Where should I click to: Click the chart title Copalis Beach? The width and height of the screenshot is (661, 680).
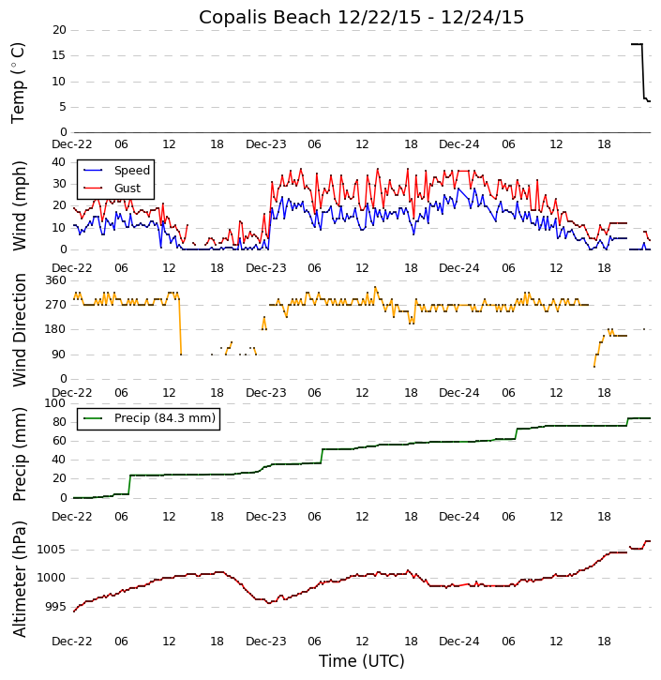click(x=361, y=18)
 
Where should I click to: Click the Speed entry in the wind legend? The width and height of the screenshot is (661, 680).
click(x=131, y=171)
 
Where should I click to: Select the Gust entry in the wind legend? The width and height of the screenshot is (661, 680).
click(x=128, y=189)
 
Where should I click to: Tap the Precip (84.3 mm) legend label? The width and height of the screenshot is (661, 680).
click(x=164, y=418)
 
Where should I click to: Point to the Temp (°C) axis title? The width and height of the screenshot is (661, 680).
click(x=19, y=82)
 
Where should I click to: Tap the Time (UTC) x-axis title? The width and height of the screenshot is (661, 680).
click(x=361, y=661)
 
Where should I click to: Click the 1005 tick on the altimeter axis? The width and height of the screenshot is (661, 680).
click(x=50, y=550)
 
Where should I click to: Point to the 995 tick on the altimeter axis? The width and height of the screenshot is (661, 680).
click(x=53, y=607)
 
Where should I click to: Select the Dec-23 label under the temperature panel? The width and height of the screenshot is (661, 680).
click(x=266, y=144)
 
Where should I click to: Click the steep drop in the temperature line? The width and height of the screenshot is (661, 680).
click(x=643, y=71)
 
